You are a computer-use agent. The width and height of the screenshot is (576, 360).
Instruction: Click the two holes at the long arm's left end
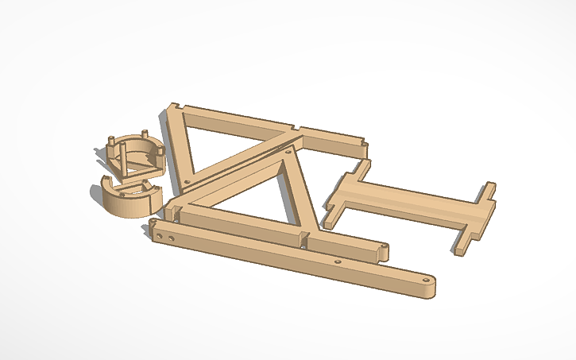tap(165, 236)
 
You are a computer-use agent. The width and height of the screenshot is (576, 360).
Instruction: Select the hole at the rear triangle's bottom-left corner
tap(187, 181)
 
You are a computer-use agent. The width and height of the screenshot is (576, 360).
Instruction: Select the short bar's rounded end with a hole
tap(382, 251)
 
